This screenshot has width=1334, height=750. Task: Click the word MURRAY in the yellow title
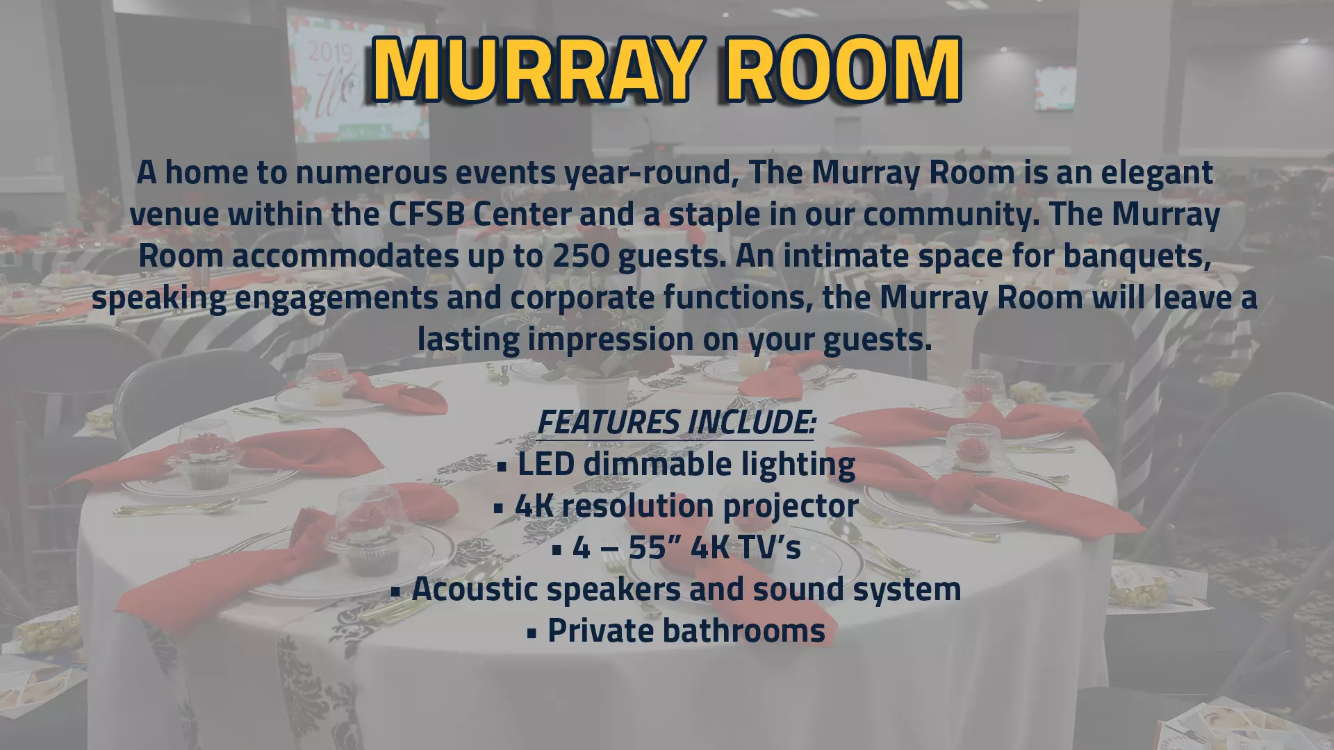[x=534, y=69]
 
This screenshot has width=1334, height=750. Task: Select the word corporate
[x=582, y=298]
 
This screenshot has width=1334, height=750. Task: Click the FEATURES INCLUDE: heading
[x=676, y=422]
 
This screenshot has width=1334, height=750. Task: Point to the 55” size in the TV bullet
[x=648, y=548]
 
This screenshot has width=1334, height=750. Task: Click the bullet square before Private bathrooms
[x=532, y=633]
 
